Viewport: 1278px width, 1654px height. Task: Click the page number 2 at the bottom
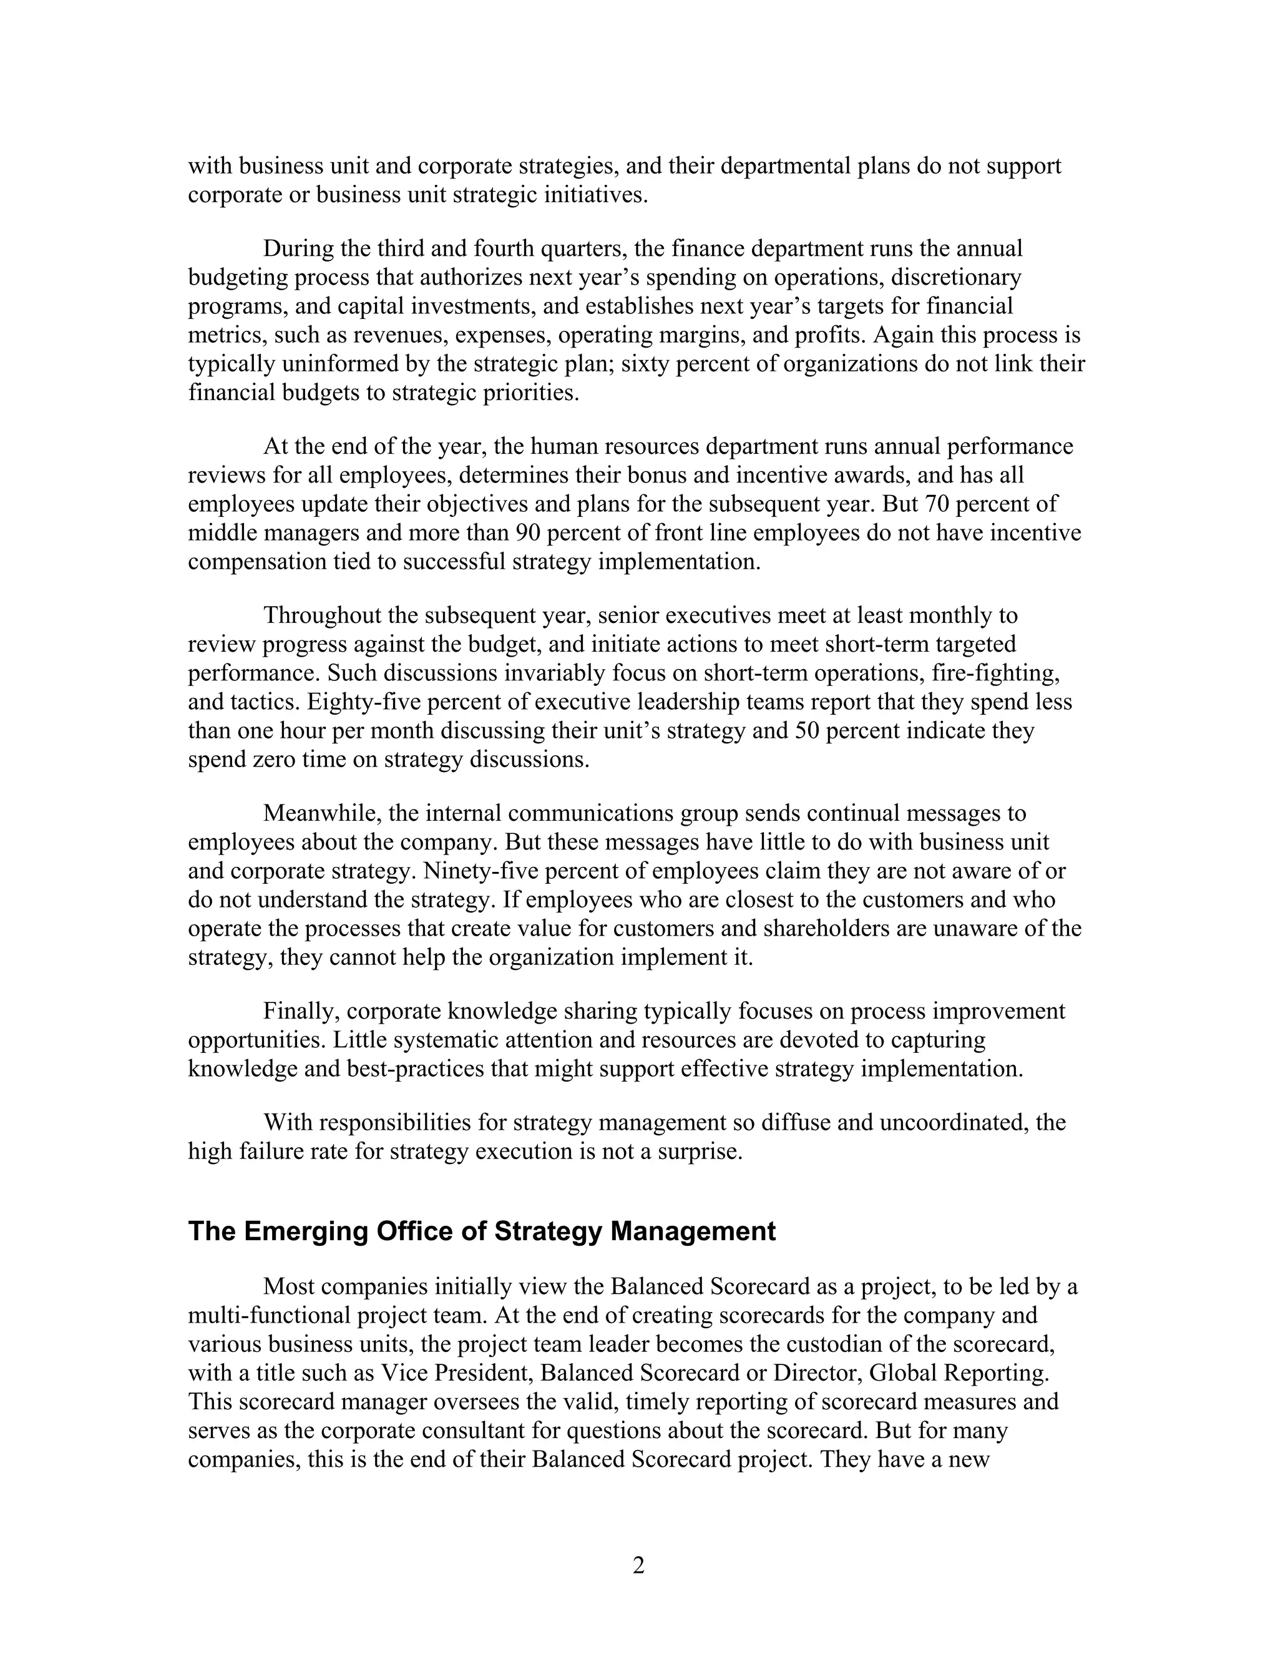[638, 1565]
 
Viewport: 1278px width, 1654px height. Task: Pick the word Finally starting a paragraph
[301, 1011]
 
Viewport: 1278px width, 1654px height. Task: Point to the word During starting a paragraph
[298, 248]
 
